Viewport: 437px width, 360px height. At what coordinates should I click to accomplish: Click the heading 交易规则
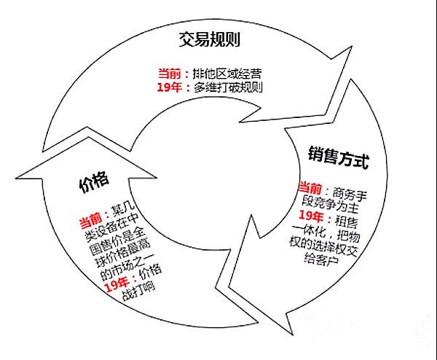(x=209, y=39)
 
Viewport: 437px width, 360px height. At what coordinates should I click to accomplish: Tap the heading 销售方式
(x=339, y=157)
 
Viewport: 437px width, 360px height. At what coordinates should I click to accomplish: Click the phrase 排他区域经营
(x=227, y=74)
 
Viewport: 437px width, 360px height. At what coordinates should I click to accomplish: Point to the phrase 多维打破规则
(x=228, y=87)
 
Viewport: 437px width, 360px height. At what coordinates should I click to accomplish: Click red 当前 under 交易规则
(x=170, y=74)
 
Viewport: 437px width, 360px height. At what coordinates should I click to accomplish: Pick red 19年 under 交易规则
(x=169, y=87)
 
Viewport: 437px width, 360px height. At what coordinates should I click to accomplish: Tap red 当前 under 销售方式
(x=310, y=188)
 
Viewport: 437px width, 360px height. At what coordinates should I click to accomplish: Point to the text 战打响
(x=138, y=292)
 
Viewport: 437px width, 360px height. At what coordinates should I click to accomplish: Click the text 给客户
(x=321, y=259)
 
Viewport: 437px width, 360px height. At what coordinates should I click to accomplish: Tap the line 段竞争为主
(x=330, y=206)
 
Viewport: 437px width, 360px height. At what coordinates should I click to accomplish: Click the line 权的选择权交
(x=323, y=246)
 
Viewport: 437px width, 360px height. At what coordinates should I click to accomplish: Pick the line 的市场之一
(x=127, y=267)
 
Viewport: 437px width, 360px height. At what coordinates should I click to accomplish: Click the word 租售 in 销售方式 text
(x=347, y=222)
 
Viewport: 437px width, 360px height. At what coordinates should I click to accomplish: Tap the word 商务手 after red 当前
(x=350, y=194)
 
